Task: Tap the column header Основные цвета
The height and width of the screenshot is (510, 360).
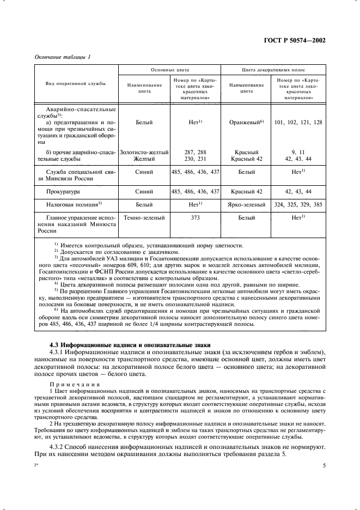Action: point(170,70)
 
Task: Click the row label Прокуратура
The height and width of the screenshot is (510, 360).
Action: point(63,191)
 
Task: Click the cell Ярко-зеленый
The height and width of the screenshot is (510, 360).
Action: point(247,204)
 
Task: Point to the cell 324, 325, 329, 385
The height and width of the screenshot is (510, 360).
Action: point(298,204)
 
